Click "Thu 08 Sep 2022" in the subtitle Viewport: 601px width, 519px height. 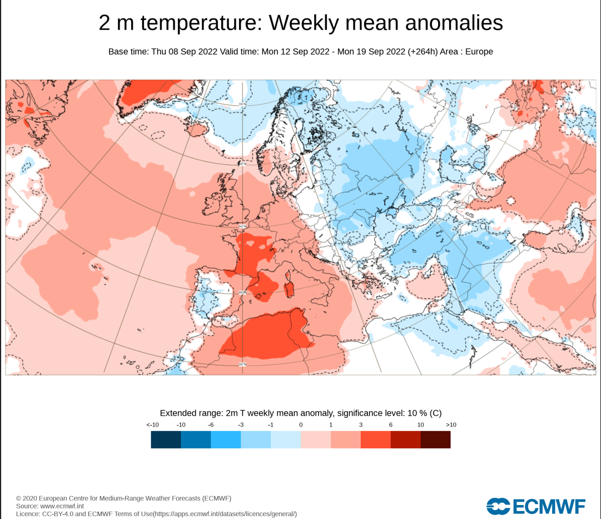184,52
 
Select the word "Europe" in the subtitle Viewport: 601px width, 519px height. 479,52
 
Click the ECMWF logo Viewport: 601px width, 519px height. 536,506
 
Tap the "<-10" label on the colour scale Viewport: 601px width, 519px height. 153,425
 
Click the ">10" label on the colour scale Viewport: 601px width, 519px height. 451,425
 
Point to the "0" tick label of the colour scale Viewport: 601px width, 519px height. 301,425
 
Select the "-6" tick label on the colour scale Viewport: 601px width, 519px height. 211,425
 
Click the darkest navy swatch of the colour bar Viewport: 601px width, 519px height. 166,439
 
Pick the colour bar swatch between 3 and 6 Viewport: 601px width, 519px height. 376,439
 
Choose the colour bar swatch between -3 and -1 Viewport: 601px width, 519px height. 256,439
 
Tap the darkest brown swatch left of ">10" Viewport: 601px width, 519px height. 436,439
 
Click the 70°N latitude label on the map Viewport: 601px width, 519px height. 242,104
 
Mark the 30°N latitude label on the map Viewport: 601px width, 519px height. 242,364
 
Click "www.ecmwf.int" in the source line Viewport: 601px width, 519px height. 62,506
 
